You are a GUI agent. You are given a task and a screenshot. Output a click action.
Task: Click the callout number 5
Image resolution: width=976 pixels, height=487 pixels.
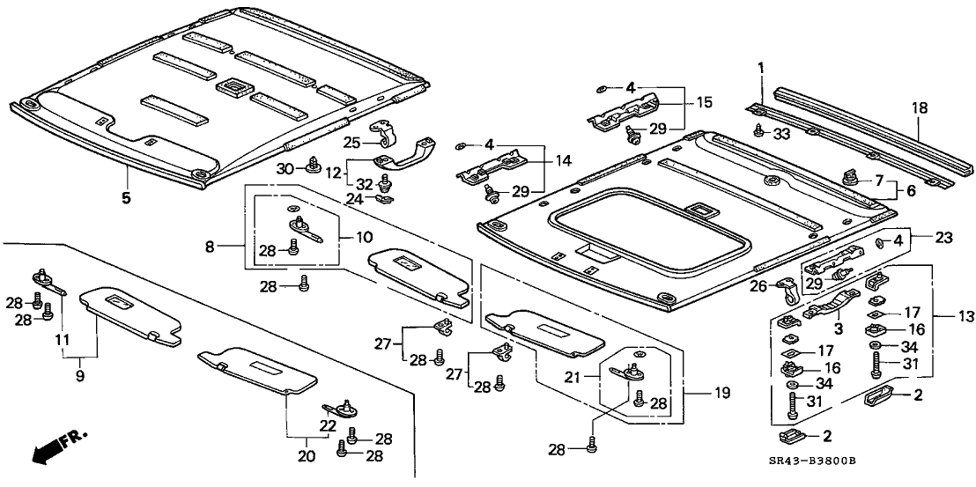pyautogui.click(x=126, y=198)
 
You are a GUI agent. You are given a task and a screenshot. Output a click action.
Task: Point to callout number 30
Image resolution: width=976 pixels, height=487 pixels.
pyautogui.click(x=284, y=168)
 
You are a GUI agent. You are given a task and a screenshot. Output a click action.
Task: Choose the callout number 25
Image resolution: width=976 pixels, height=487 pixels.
pyautogui.click(x=352, y=142)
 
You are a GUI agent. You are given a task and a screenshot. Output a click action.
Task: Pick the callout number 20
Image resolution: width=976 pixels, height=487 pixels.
pyautogui.click(x=307, y=456)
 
